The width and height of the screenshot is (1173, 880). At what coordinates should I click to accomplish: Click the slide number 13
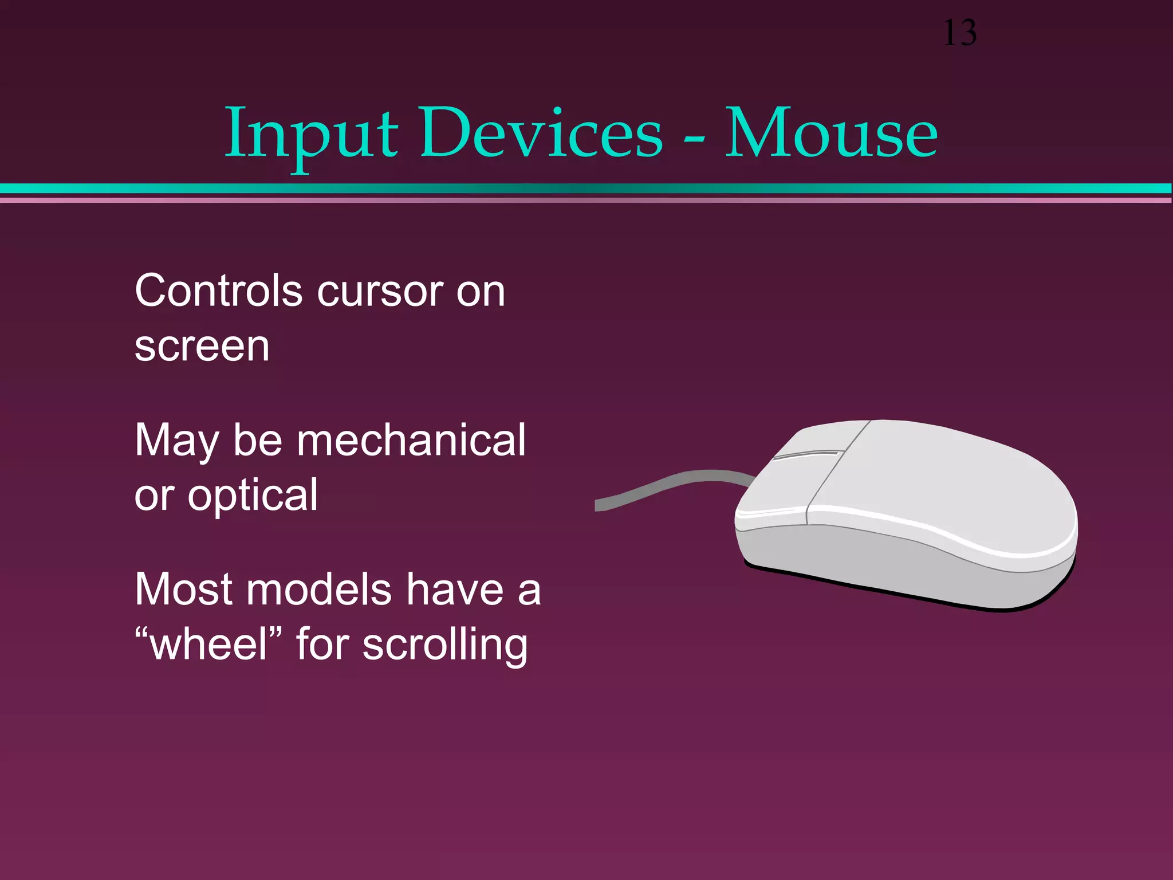click(959, 33)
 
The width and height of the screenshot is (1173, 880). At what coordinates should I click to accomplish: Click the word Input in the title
click(311, 135)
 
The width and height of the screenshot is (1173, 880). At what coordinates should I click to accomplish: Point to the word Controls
click(218, 290)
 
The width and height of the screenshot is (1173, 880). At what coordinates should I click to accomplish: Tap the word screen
click(202, 347)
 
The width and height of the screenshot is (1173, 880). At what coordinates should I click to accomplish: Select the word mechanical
click(411, 440)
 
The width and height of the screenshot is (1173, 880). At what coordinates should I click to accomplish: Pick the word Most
click(184, 589)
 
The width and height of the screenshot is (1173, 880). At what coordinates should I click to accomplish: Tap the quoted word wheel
click(209, 644)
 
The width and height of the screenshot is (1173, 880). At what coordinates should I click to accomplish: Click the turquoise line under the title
click(586, 188)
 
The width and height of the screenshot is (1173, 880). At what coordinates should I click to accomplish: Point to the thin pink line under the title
click(586, 201)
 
